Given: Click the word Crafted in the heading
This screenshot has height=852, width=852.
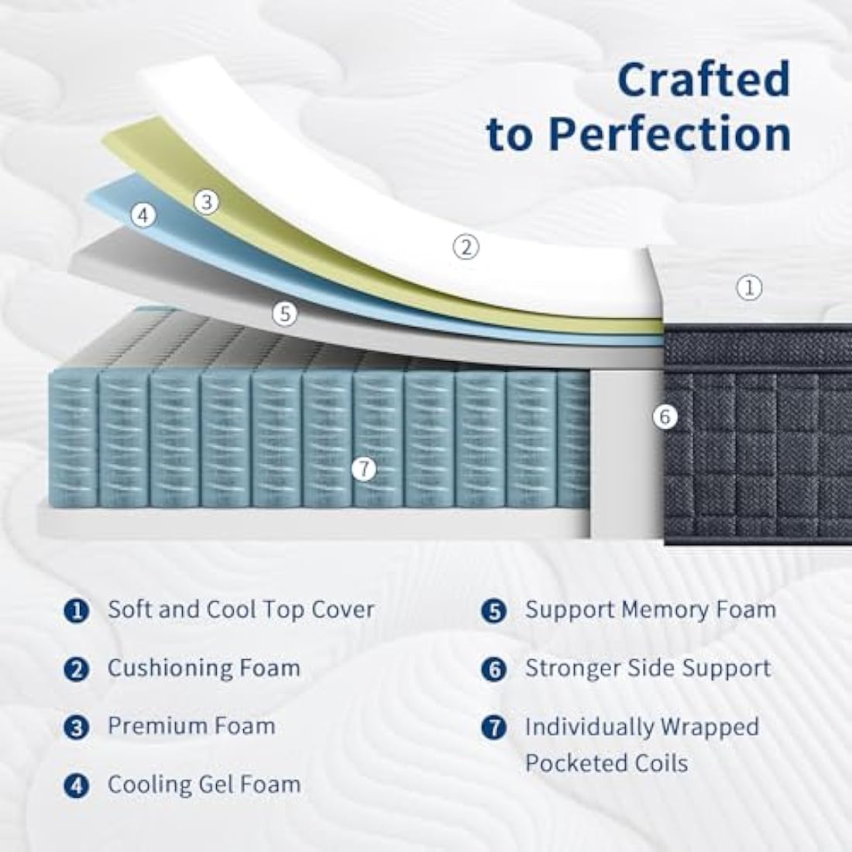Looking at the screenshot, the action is click(703, 79).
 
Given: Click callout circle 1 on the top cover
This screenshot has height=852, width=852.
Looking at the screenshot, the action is click(749, 287).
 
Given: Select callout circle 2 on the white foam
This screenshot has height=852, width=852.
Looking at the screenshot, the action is click(466, 248).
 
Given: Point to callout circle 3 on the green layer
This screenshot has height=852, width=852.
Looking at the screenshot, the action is click(207, 202).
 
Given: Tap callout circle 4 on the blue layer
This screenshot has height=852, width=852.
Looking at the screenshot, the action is click(143, 216).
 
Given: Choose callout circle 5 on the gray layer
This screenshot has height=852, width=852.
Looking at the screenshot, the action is click(285, 314).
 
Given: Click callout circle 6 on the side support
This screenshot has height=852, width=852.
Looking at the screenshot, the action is click(665, 417).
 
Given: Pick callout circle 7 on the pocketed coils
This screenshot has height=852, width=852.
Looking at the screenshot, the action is click(364, 469).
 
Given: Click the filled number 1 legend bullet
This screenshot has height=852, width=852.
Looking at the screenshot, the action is click(77, 611).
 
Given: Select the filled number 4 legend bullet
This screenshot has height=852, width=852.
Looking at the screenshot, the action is click(77, 785).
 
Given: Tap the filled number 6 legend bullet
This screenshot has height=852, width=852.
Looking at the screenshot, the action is click(494, 669).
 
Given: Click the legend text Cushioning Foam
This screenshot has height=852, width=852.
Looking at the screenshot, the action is click(204, 668).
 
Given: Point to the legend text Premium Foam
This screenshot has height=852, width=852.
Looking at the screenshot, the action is click(191, 726).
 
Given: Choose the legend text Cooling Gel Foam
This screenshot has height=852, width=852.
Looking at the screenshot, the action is click(204, 785).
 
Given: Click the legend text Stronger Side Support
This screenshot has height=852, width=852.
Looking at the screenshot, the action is click(648, 668).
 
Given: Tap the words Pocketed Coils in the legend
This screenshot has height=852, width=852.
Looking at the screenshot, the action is click(606, 764).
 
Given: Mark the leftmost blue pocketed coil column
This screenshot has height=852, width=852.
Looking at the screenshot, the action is click(73, 438).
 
